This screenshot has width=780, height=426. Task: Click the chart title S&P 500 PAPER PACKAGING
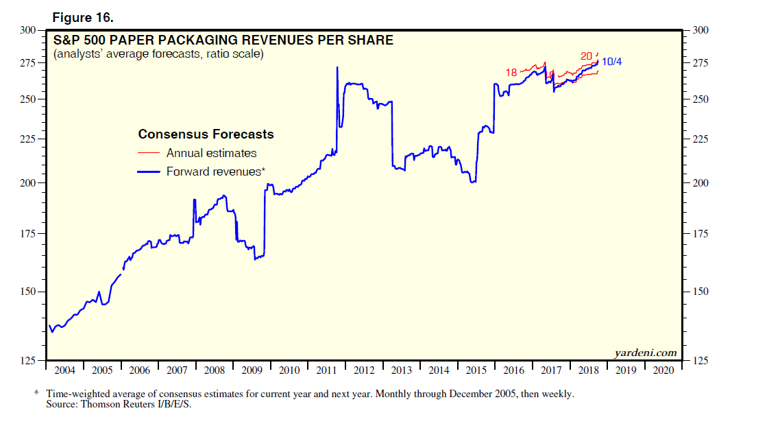coord(223,40)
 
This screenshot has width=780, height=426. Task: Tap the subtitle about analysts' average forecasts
coord(158,54)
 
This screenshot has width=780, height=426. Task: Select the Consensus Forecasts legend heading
coord(206,134)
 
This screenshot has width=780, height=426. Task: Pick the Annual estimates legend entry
coord(211,153)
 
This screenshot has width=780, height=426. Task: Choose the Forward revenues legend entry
coord(215,171)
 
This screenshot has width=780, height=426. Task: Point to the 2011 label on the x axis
coord(327,370)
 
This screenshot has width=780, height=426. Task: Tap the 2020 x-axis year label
coord(664,370)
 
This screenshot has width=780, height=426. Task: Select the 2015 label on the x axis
coord(476,370)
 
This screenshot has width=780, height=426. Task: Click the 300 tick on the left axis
coord(28,30)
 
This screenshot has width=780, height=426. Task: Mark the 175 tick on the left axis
coord(28,234)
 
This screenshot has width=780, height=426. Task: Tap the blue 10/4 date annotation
coord(612,62)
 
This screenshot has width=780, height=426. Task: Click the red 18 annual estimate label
coord(511,72)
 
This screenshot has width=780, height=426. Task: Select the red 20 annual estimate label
coord(586,56)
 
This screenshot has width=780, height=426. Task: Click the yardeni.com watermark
coord(645,353)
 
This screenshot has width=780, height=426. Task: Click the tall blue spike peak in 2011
coord(337,67)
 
